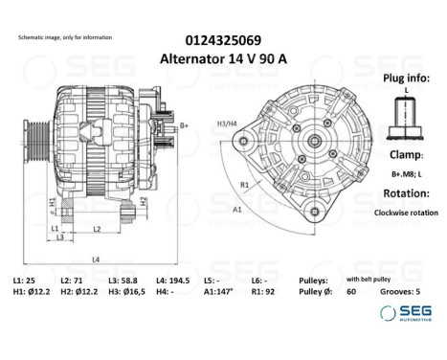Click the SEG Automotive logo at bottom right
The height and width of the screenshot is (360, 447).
404,313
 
